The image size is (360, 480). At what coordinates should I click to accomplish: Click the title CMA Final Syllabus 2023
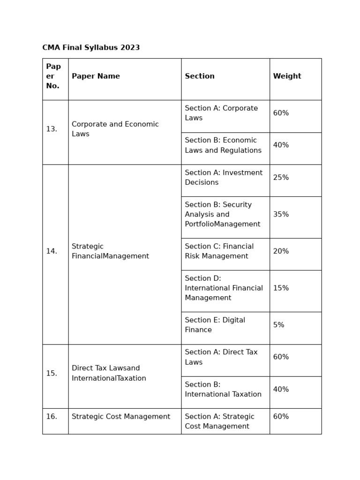91,48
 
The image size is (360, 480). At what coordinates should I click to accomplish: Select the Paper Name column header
96,76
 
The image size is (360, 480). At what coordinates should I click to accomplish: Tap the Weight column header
287,76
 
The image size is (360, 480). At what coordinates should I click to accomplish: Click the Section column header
200,76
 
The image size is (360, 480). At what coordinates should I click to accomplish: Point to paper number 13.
52,129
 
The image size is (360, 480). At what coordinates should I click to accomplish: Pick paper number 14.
52,251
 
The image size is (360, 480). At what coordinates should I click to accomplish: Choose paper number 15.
52,374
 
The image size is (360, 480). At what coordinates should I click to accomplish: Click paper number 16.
52,417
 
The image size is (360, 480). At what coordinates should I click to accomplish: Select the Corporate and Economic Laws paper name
115,129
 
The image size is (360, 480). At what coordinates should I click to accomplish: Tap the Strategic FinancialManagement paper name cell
110,251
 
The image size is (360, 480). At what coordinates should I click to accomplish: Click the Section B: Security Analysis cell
222,215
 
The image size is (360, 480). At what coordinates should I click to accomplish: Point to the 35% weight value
281,215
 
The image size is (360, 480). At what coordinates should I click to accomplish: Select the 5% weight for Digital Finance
278,325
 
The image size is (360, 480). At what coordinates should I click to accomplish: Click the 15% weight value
281,288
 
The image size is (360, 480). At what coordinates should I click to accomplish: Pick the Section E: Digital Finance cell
215,325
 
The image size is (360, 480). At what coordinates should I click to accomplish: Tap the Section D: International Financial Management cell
224,288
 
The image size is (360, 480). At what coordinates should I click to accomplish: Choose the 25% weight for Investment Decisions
281,178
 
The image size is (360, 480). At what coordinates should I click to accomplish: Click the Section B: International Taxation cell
223,390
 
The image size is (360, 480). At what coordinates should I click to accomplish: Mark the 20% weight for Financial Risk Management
281,251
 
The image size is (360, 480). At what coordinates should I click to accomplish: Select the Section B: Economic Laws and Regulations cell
223,145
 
